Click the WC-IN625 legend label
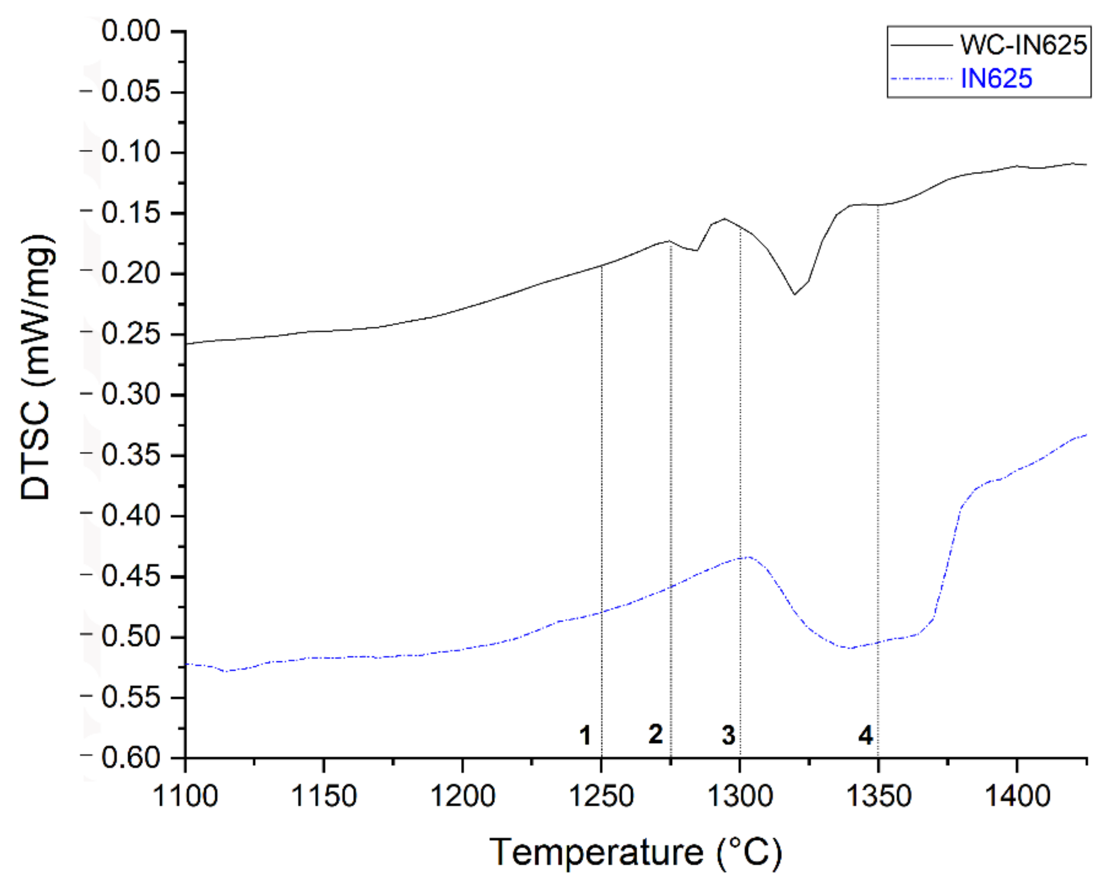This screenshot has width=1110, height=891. pyautogui.click(x=1024, y=45)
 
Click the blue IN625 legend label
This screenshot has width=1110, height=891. pyautogui.click(x=996, y=79)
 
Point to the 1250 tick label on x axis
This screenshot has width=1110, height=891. pyautogui.click(x=601, y=796)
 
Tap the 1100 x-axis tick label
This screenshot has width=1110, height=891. pyautogui.click(x=185, y=796)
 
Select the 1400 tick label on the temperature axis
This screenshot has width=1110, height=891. pyautogui.click(x=1017, y=796)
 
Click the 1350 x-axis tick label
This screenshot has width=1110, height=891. pyautogui.click(x=878, y=796)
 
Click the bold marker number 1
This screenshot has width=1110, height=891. pyautogui.click(x=585, y=735)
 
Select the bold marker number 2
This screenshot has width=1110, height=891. pyautogui.click(x=655, y=734)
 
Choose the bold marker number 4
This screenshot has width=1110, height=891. pyautogui.click(x=865, y=735)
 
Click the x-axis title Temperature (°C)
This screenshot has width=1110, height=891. pyautogui.click(x=636, y=852)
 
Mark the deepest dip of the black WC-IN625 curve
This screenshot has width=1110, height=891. pyautogui.click(x=794, y=294)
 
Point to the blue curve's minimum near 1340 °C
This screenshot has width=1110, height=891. pyautogui.click(x=850, y=648)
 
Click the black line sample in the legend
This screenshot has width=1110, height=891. pyautogui.click(x=922, y=45)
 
